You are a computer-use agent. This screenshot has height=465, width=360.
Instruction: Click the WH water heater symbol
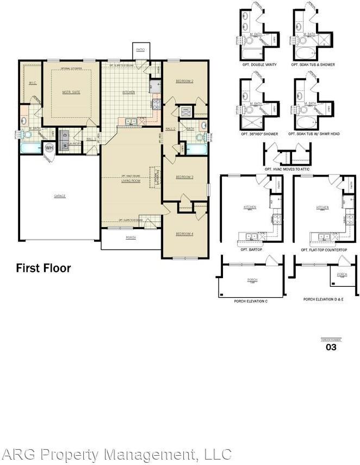[49, 147]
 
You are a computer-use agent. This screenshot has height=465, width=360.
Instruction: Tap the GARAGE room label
[59, 196]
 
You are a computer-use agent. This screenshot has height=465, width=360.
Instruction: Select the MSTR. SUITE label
[72, 92]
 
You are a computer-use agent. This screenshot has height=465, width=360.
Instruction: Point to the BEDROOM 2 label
[185, 81]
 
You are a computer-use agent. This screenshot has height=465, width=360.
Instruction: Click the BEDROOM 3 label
[185, 177]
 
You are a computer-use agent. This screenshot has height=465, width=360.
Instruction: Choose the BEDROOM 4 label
[184, 234]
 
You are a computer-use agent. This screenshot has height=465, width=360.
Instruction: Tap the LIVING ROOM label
[131, 180]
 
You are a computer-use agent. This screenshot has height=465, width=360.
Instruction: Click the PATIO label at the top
[141, 49]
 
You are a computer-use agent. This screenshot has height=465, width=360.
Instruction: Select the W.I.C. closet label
[32, 83]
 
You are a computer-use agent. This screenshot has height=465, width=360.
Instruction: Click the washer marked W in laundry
[64, 145]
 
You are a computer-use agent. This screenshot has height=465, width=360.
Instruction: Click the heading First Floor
[43, 268]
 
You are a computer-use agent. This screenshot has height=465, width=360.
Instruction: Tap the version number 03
[331, 347]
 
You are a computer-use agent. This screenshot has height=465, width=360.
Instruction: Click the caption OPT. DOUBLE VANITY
[259, 65]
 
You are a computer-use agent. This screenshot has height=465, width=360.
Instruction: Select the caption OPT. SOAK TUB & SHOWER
[313, 65]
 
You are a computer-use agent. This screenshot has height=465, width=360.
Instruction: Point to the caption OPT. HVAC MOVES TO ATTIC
[287, 169]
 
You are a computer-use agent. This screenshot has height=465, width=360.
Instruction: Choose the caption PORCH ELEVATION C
[251, 299]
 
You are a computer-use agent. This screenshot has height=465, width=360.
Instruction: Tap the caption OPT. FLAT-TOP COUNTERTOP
[325, 250]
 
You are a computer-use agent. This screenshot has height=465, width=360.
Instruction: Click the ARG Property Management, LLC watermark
[116, 454]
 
